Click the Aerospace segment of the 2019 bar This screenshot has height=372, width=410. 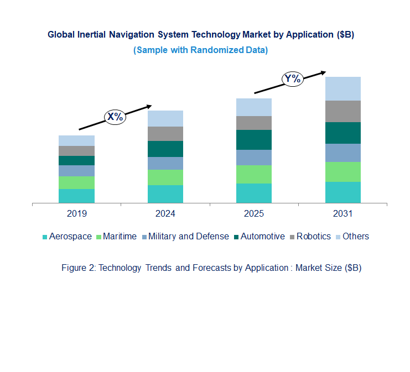click(76, 196)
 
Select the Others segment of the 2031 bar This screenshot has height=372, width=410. click(342, 88)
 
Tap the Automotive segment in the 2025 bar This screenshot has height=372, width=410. click(254, 140)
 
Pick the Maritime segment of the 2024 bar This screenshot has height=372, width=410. click(165, 177)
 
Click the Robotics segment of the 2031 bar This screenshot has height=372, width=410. click(342, 111)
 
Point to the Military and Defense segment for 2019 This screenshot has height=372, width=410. click(76, 171)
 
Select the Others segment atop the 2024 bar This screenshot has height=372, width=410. click(165, 118)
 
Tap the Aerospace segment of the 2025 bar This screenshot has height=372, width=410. click(254, 193)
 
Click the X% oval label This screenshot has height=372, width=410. click(116, 117)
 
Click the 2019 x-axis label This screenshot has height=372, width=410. click(76, 213)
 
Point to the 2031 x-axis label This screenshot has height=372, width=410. click(342, 213)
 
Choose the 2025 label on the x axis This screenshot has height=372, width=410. click(254, 213)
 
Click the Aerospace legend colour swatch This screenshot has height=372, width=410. click(45, 237)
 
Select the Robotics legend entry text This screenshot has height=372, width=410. click(313, 237)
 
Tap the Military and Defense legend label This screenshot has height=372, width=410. click(188, 237)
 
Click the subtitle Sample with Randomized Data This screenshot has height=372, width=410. click(200, 50)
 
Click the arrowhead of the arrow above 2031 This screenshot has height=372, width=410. click(323, 72)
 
